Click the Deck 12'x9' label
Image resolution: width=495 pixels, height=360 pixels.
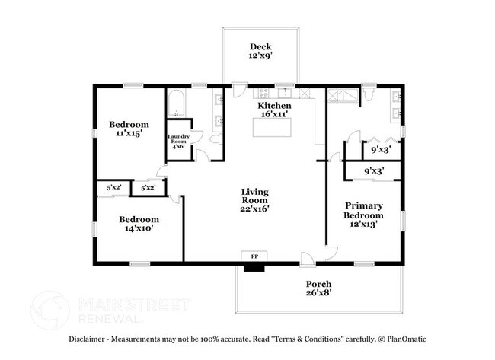(260, 52)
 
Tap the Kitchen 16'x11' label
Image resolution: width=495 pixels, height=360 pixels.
(274, 110)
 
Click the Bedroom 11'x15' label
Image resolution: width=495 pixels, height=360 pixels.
(129, 129)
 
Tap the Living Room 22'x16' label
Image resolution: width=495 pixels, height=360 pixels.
(256, 199)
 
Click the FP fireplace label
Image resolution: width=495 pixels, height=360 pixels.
(254, 256)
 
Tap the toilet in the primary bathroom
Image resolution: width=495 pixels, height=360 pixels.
(368, 94)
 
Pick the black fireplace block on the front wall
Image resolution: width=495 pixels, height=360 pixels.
(254, 266)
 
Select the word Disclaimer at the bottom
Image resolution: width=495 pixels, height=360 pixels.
(90, 339)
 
